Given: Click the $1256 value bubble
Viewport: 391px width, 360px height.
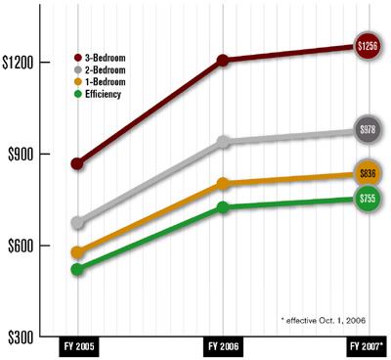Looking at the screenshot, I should tap(368, 46).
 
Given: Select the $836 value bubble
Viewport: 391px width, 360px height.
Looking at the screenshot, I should tap(368, 173).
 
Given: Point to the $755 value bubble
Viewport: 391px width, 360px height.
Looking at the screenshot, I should tap(368, 199).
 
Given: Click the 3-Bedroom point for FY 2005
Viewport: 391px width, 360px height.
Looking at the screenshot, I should tap(78, 163).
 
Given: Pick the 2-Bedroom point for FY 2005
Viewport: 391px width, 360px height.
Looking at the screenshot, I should tap(78, 223).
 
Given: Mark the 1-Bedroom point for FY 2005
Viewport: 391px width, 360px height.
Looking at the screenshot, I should tap(78, 252).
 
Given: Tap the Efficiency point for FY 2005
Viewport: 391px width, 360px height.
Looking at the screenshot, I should tap(78, 268).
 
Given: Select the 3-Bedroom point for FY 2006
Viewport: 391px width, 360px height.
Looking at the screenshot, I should tap(223, 61).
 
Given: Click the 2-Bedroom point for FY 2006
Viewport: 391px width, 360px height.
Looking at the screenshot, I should tap(223, 142).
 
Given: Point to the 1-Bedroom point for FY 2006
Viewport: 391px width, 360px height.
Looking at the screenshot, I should tap(223, 183).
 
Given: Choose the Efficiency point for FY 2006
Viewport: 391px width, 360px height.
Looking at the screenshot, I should tap(223, 207).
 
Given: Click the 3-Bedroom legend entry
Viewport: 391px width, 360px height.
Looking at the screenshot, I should tap(110, 60).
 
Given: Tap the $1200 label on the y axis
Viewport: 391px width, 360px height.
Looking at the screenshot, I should tap(21, 63).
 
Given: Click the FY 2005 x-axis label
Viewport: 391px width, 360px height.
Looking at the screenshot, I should tap(78, 346).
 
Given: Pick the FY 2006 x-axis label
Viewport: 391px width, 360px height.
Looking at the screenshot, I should tap(223, 346).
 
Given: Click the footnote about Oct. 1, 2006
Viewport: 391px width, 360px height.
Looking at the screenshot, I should tap(323, 320).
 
